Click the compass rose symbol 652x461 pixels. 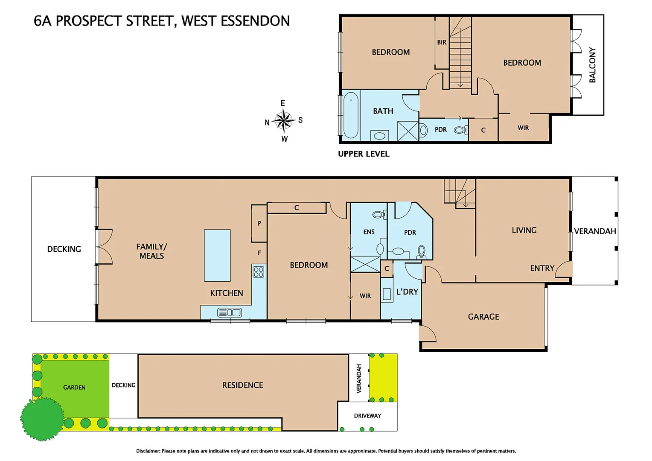[x=283, y=121]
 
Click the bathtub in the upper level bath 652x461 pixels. [x=351, y=115]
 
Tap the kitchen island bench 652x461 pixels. [x=217, y=255]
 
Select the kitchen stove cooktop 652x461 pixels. [x=259, y=272]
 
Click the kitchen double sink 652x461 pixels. [x=230, y=312]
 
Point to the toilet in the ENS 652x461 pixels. [x=379, y=215]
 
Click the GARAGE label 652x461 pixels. [x=483, y=317]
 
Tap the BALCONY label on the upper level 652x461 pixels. [x=592, y=65]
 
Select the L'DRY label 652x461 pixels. [x=407, y=292]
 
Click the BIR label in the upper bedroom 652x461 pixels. [x=442, y=42]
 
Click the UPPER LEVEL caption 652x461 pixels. [x=364, y=154]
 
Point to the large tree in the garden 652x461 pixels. [x=42, y=419]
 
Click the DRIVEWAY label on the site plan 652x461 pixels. [x=367, y=416]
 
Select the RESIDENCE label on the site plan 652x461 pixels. [x=242, y=385]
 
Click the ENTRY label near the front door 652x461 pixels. [x=542, y=268]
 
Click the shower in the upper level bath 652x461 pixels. [x=408, y=131]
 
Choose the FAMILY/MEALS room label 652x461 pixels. [x=151, y=251]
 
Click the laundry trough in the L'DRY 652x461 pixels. [x=387, y=294]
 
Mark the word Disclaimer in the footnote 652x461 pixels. [x=148, y=451]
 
